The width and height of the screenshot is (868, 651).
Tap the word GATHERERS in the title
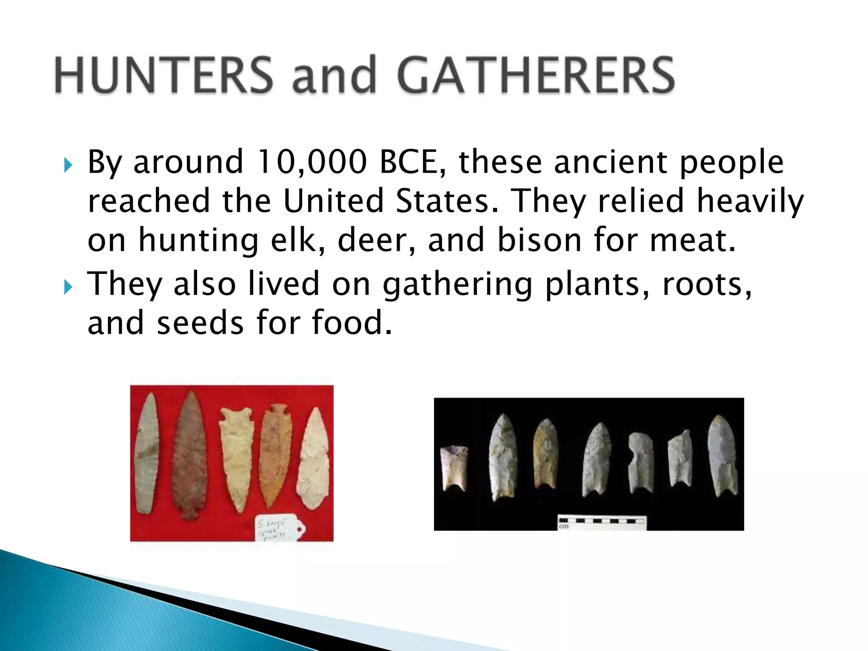pos(536,75)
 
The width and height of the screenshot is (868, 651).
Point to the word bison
pos(539,240)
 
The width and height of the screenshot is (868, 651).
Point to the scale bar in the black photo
pos(602,522)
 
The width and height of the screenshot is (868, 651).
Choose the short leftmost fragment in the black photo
pos(454,468)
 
